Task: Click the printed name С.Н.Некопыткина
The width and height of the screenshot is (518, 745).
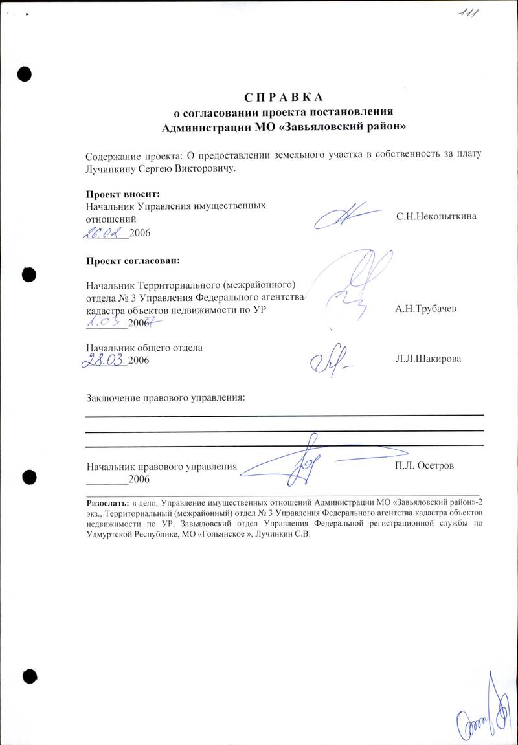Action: (x=436, y=216)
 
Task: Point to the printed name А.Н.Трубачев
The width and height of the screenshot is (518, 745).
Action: (x=425, y=309)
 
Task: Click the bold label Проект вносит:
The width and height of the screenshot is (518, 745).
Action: (x=123, y=193)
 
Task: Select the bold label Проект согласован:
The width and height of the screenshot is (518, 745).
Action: (x=133, y=261)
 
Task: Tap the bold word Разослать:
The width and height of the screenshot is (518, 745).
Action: (x=107, y=502)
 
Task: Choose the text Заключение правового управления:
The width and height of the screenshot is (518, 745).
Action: (x=166, y=396)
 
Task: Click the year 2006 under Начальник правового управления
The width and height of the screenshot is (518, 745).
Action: (x=139, y=479)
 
